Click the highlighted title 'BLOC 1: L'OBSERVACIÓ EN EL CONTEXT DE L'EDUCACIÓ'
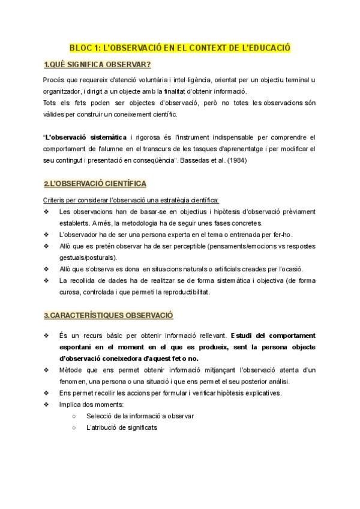point(179,47)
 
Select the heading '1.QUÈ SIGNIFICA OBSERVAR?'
point(97,64)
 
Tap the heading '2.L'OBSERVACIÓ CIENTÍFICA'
point(95,183)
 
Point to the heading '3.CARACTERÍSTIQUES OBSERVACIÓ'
point(108,315)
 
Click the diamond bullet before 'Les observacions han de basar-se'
point(47,211)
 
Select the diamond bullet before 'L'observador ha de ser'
point(47,234)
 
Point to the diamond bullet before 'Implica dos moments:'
point(47,404)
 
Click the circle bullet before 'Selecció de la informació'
point(73,415)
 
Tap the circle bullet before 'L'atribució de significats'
point(73,427)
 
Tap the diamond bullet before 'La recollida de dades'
point(47,280)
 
